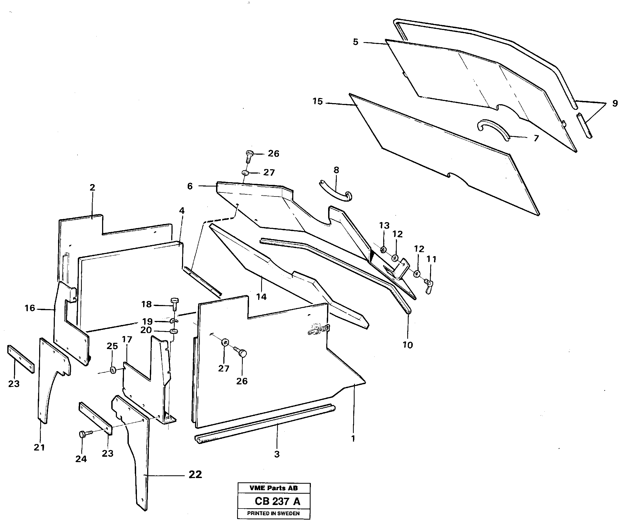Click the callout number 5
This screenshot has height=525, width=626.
pos(355,42)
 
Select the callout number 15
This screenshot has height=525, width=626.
pos(318,101)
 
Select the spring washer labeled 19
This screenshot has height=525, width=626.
pos(174,321)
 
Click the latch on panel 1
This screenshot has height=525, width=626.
pos(318,330)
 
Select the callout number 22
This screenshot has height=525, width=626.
pos(195,474)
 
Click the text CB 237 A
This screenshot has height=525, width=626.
pos(277,501)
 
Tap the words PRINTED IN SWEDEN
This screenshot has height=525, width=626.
pos(273,513)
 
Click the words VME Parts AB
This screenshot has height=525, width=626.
pos(273,488)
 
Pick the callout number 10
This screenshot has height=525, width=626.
pos(408,345)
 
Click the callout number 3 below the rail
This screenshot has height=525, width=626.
pos(277,454)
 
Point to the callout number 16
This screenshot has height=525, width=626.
pos(30,308)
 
